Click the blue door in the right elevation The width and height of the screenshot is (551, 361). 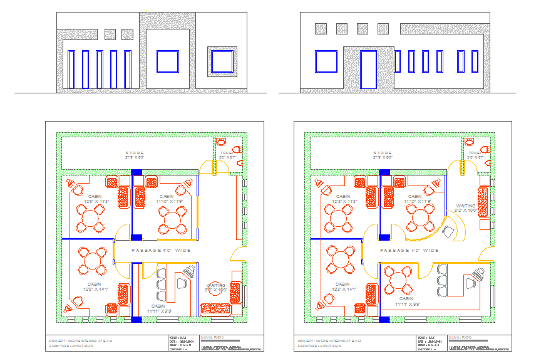pyautogui.click(x=368, y=70)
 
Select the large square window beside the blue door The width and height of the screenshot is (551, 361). pyautogui.click(x=326, y=62)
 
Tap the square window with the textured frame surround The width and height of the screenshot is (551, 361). pyautogui.click(x=221, y=62)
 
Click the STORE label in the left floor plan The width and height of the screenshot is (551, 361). pyautogui.click(x=135, y=153)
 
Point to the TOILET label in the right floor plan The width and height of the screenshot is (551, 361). pyautogui.click(x=476, y=152)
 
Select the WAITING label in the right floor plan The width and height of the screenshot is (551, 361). pyautogui.click(x=466, y=206)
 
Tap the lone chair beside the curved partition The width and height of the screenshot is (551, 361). pyautogui.click(x=448, y=231)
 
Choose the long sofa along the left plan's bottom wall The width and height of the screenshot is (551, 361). pyautogui.click(x=220, y=308)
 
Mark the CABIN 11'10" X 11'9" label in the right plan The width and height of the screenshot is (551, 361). pyautogui.click(x=415, y=199)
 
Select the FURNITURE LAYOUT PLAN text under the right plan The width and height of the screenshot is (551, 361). pyautogui.click(x=319, y=345)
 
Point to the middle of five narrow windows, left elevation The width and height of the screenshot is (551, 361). pyautogui.click(x=100, y=69)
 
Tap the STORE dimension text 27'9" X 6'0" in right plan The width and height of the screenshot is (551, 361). pyautogui.click(x=383, y=158)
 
